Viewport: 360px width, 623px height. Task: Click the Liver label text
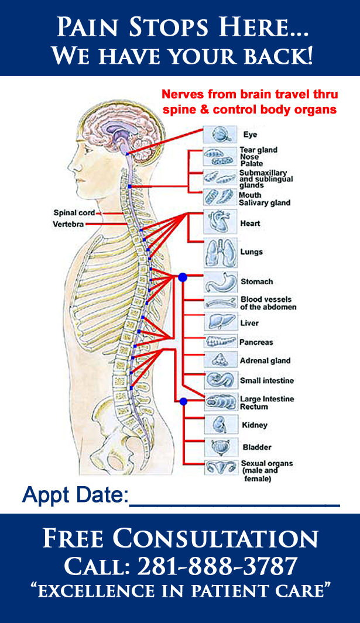pyautogui.click(x=249, y=323)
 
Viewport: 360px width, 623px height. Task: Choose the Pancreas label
pyautogui.click(x=256, y=342)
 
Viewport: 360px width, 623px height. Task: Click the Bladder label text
pyautogui.click(x=257, y=448)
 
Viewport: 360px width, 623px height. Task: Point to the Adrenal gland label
pyautogui.click(x=265, y=361)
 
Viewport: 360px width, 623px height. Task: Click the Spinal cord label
pyautogui.click(x=73, y=213)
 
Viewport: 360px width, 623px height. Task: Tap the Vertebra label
pyautogui.click(x=69, y=224)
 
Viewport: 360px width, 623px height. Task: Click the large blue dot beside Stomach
pyautogui.click(x=182, y=277)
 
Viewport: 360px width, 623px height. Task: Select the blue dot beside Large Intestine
pyautogui.click(x=183, y=402)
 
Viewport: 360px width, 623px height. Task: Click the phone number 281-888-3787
pyautogui.click(x=218, y=566)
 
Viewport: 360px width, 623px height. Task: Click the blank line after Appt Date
pyautogui.click(x=234, y=502)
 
